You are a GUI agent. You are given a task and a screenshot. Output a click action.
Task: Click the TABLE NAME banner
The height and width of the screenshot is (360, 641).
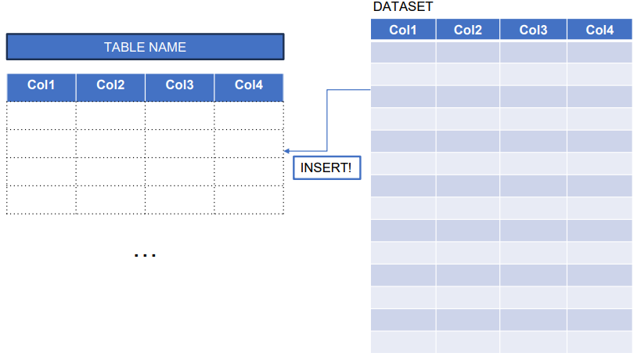pyautogui.click(x=145, y=47)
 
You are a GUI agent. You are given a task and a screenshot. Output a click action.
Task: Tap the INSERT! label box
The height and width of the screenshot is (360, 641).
pyautogui.click(x=326, y=168)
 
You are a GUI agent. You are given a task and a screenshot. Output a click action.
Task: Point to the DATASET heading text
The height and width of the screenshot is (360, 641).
pyautogui.click(x=403, y=7)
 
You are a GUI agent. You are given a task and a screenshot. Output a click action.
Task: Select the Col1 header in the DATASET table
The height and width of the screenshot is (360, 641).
pyautogui.click(x=403, y=31)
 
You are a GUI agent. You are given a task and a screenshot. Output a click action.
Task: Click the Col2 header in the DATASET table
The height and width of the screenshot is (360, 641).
pyautogui.click(x=468, y=31)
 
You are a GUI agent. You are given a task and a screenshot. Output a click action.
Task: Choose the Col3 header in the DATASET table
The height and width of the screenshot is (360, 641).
pyautogui.click(x=533, y=31)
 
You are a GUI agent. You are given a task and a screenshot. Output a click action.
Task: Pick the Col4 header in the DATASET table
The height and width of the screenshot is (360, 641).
pyautogui.click(x=600, y=31)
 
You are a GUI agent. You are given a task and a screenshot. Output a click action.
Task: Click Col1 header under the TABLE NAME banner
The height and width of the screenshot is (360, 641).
pyautogui.click(x=41, y=85)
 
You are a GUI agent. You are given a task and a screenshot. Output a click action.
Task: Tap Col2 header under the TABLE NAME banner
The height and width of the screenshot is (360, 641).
pyautogui.click(x=110, y=85)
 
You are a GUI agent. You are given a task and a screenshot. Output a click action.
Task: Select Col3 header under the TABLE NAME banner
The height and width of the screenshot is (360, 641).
pyautogui.click(x=179, y=85)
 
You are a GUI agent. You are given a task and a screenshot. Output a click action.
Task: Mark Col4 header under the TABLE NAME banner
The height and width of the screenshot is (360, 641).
pyautogui.click(x=249, y=85)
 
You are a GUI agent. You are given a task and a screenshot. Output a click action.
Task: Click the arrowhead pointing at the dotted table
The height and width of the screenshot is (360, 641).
pyautogui.click(x=287, y=150)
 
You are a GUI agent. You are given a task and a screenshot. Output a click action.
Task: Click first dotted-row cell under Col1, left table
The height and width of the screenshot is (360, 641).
pyautogui.click(x=41, y=115)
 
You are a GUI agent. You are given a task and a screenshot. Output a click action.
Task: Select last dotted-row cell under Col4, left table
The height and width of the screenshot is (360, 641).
pyautogui.click(x=249, y=200)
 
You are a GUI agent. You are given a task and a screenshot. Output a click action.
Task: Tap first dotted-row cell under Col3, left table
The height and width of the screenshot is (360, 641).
pyautogui.click(x=179, y=115)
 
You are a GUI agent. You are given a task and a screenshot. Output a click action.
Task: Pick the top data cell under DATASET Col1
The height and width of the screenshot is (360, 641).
pyautogui.click(x=403, y=52)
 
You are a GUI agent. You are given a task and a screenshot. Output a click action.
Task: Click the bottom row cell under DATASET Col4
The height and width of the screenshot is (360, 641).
pyautogui.click(x=600, y=343)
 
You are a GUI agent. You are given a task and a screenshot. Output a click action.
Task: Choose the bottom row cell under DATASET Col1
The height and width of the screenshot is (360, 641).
pyautogui.click(x=403, y=343)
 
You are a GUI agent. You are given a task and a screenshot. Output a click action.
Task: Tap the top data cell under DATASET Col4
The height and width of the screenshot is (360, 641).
pyautogui.click(x=600, y=52)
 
